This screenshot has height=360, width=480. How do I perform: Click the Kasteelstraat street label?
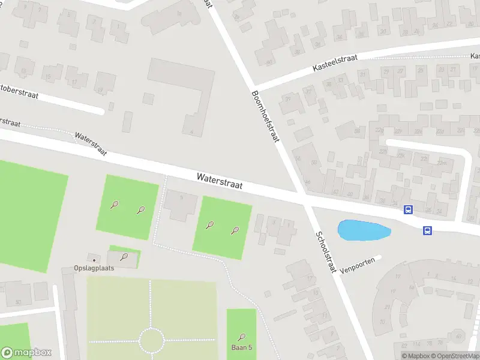pyautogui.click(x=334, y=62)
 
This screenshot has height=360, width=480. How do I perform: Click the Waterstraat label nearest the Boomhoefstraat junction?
pyautogui.click(x=220, y=181)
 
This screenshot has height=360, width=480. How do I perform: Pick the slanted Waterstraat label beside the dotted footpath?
pyautogui.click(x=91, y=144)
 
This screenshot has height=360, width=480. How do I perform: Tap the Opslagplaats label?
pyautogui.click(x=94, y=268)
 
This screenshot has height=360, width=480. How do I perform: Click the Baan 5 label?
pyautogui.click(x=241, y=347)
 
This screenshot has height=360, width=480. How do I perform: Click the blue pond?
pyautogui.click(x=364, y=230)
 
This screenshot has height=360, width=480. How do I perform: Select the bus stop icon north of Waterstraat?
pyautogui.click(x=408, y=209)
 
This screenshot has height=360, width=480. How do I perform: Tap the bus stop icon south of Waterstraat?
pyautogui.click(x=428, y=230)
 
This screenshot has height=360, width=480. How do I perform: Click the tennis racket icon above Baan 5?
pyautogui.click(x=242, y=337)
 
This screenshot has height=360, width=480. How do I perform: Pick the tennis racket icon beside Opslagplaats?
pyautogui.click(x=124, y=257)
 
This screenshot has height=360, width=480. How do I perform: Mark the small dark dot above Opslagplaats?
pyautogui.click(x=94, y=259)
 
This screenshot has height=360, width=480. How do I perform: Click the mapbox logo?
pyautogui.click(x=26, y=353)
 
